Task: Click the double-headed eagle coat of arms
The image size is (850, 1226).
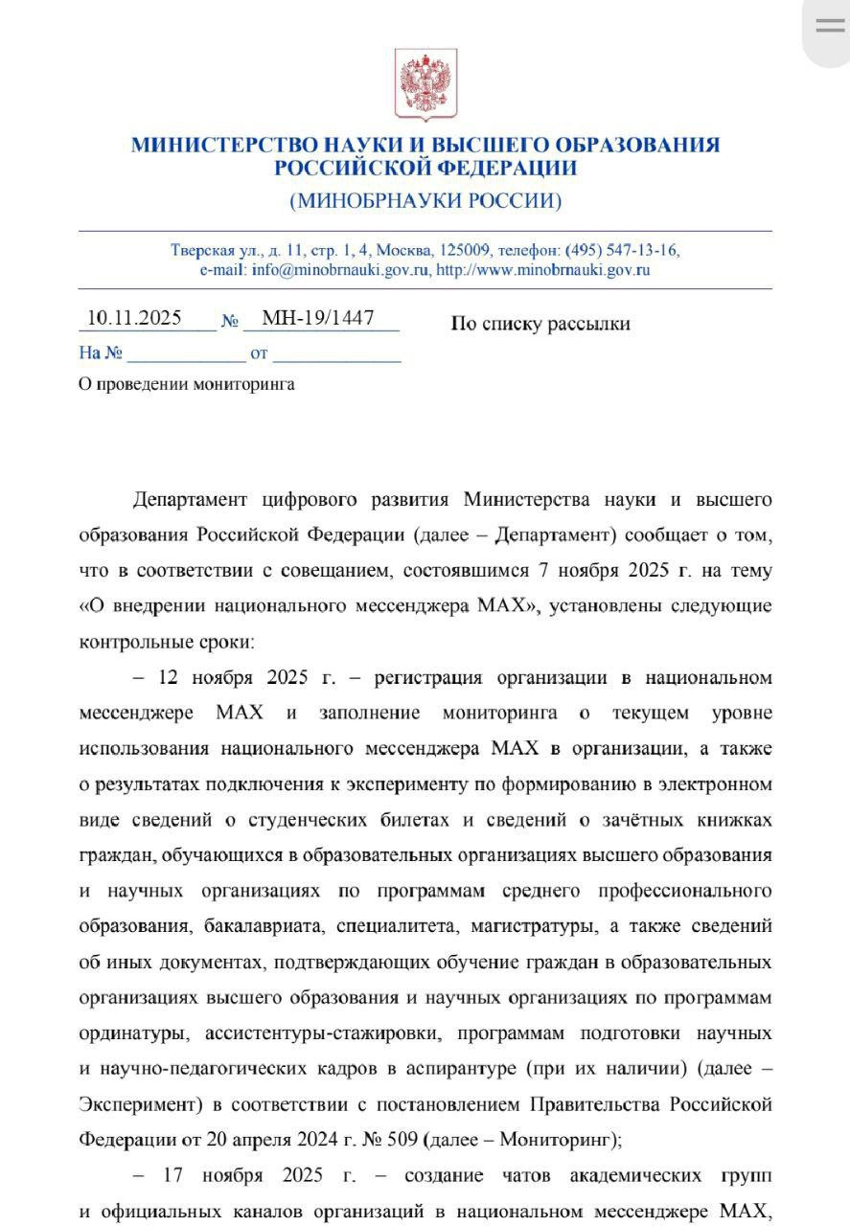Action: pyautogui.click(x=425, y=85)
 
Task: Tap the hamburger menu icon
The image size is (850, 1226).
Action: pyautogui.click(x=830, y=26)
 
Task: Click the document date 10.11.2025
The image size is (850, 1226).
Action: pyautogui.click(x=134, y=318)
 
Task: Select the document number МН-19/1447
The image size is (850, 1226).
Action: pyautogui.click(x=317, y=318)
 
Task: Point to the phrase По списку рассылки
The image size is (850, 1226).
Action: pyautogui.click(x=540, y=324)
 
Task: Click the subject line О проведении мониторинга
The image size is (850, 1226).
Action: pyautogui.click(x=187, y=384)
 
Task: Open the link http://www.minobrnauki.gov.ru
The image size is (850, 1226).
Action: pyautogui.click(x=543, y=269)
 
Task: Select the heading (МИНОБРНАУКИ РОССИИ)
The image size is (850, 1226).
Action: pyautogui.click(x=425, y=201)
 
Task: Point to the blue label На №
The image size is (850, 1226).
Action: pyautogui.click(x=101, y=352)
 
